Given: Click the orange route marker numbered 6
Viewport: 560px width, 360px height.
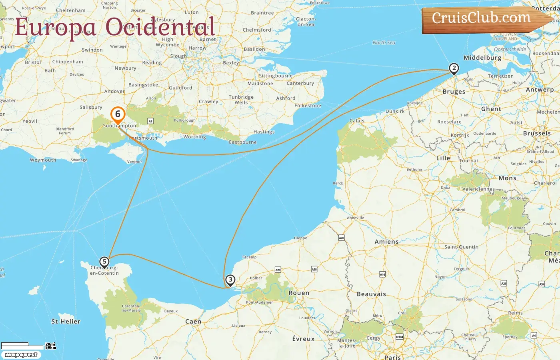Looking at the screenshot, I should (x=118, y=114).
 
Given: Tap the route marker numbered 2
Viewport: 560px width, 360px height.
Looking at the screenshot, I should (x=454, y=68).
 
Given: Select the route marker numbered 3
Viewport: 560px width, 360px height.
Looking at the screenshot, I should (x=230, y=280).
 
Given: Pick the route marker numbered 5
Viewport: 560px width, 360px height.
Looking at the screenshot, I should (x=104, y=262).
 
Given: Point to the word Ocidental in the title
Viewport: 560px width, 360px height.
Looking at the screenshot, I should (x=160, y=27).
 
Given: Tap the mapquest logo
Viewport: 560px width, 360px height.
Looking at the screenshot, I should (x=21, y=355).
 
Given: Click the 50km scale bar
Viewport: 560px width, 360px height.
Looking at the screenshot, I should (x=22, y=347).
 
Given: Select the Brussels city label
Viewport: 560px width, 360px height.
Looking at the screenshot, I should (x=537, y=133).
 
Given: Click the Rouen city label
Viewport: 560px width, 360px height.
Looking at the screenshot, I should (x=299, y=293).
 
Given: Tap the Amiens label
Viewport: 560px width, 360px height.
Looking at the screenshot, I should (x=386, y=242).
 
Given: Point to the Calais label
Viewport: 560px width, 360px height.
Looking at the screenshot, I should (x=357, y=120).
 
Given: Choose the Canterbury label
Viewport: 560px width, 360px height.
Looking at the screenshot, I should (x=300, y=83).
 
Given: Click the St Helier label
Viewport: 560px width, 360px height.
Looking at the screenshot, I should (x=66, y=321).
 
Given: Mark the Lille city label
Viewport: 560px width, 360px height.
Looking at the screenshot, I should (x=443, y=158).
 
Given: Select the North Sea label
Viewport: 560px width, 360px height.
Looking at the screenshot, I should (x=384, y=42).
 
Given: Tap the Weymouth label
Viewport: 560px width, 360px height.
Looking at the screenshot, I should (x=43, y=160).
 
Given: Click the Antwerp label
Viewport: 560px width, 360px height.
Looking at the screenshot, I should (x=540, y=90).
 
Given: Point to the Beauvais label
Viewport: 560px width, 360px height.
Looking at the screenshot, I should (x=371, y=294).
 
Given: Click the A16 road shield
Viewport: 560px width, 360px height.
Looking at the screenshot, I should (x=382, y=274).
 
